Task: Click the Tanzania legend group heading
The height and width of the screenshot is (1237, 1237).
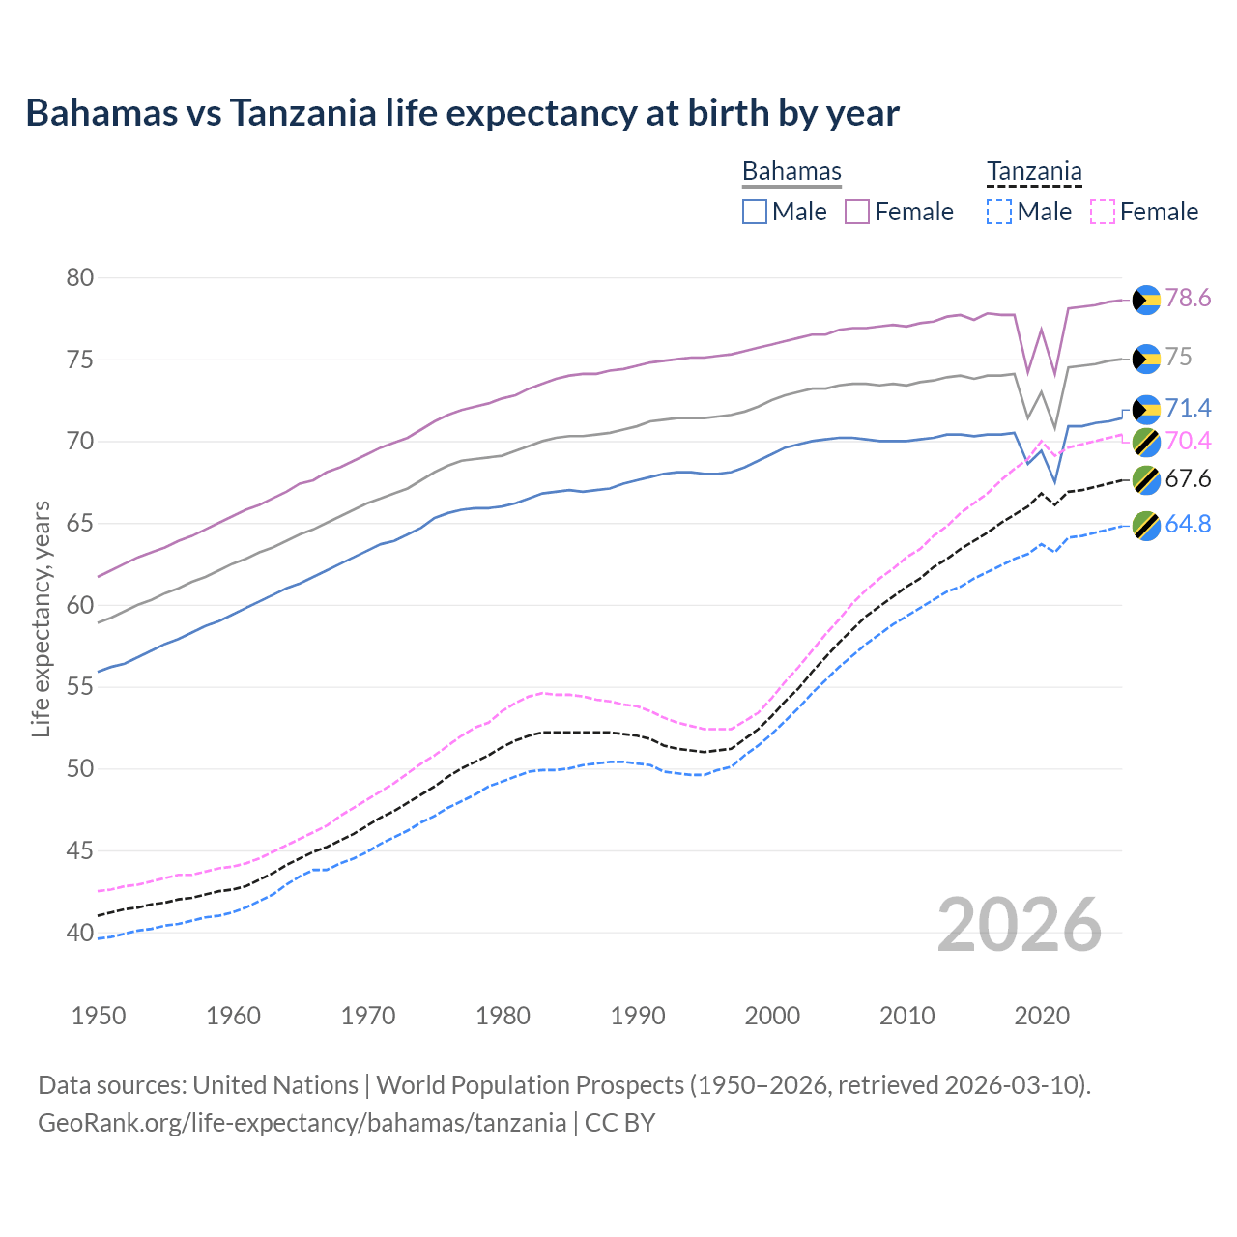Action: [x=1034, y=171]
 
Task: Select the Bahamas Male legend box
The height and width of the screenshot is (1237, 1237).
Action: [x=755, y=212]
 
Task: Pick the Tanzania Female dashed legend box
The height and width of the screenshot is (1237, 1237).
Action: [x=1103, y=212]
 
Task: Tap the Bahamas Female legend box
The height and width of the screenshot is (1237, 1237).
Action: [x=857, y=212]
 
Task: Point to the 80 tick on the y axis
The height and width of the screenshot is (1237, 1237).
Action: [x=80, y=278]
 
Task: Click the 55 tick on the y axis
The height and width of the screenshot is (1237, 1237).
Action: [x=80, y=688]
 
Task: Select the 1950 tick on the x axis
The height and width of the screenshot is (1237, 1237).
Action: [x=99, y=1016]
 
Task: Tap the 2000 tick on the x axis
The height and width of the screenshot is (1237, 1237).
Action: [x=772, y=1016]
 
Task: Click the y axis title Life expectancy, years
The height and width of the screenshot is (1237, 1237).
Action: [x=41, y=618]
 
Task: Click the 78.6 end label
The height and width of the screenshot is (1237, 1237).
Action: [x=1188, y=299]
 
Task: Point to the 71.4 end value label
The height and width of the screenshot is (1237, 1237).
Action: [x=1188, y=408]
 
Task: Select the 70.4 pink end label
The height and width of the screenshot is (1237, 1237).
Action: [x=1188, y=442]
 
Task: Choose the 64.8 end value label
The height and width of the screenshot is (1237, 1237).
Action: [x=1188, y=525]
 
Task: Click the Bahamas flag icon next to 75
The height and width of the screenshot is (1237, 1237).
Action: [x=1146, y=359]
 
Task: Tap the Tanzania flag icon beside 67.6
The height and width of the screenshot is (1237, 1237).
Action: [x=1146, y=479]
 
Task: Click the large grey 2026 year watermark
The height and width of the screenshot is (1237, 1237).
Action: [x=1020, y=925]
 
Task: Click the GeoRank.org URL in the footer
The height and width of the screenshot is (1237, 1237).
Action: [x=302, y=1123]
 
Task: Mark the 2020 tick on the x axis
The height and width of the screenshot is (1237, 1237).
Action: [x=1042, y=1016]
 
